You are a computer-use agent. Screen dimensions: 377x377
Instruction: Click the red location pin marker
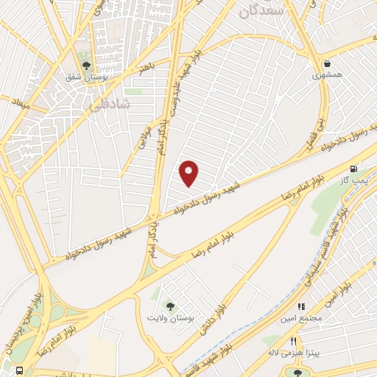coord(189,173)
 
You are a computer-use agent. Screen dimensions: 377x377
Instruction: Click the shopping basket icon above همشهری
coord(327,63)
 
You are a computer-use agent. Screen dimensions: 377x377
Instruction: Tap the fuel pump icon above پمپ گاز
coord(356,169)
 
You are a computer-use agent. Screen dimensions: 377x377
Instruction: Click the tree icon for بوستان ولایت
coord(171,306)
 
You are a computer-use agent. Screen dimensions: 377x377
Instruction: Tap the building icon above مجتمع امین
coord(301,306)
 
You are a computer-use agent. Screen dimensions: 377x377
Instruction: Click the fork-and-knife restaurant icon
coord(294,341)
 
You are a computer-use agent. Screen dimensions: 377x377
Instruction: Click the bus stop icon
coord(19,370)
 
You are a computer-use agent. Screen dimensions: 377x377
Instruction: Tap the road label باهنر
coord(147,70)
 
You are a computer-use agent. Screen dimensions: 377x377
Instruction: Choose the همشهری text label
coord(327,75)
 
